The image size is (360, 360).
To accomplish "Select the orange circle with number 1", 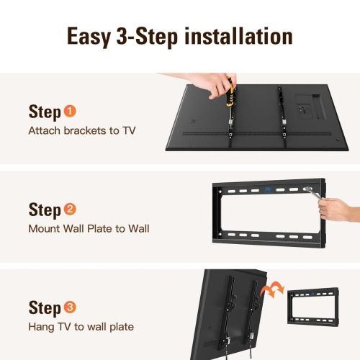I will [70, 112].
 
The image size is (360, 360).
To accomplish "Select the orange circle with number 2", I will [70, 210].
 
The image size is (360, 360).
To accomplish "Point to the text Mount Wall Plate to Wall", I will [89, 229].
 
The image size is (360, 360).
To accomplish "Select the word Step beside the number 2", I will [45, 210].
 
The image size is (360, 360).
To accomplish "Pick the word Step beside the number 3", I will [45, 308].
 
